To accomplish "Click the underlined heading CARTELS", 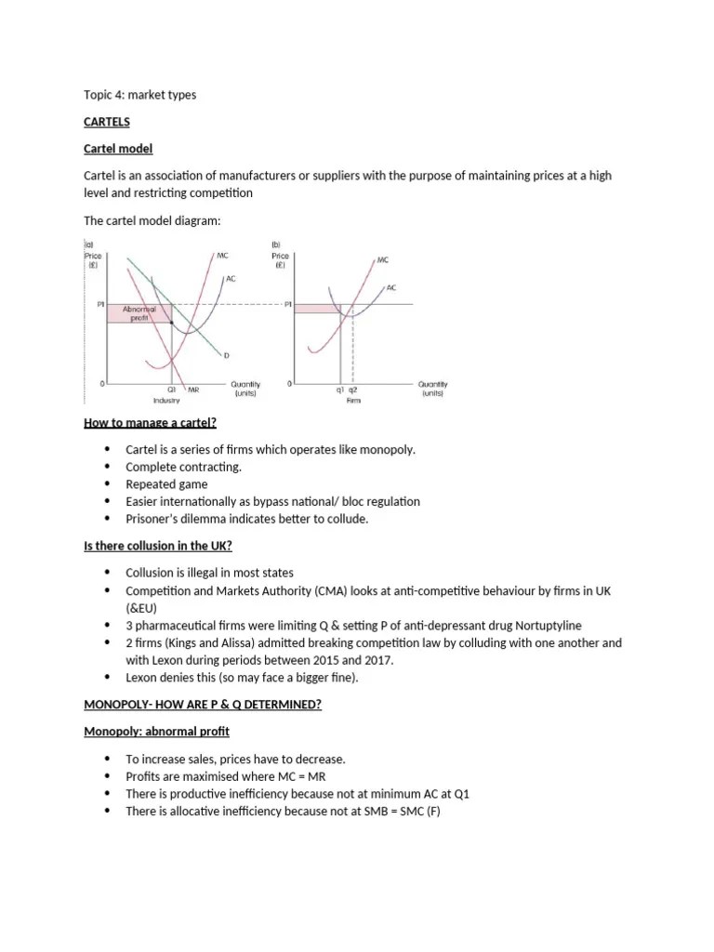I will (x=107, y=122).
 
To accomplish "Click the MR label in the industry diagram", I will (x=193, y=390).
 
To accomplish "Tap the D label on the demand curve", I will (x=226, y=354).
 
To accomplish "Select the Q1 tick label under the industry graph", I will (x=172, y=390).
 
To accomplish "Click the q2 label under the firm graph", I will (x=353, y=390).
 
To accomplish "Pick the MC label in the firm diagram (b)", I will (x=383, y=262).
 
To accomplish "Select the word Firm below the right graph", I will (x=352, y=401).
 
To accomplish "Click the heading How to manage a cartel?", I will (x=150, y=423).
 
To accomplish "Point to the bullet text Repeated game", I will (x=166, y=484).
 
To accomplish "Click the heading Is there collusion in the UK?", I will (x=157, y=545).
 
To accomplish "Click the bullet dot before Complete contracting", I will (x=108, y=467).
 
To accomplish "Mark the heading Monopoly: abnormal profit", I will (x=150, y=731).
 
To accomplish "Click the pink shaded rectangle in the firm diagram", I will (x=317, y=308).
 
